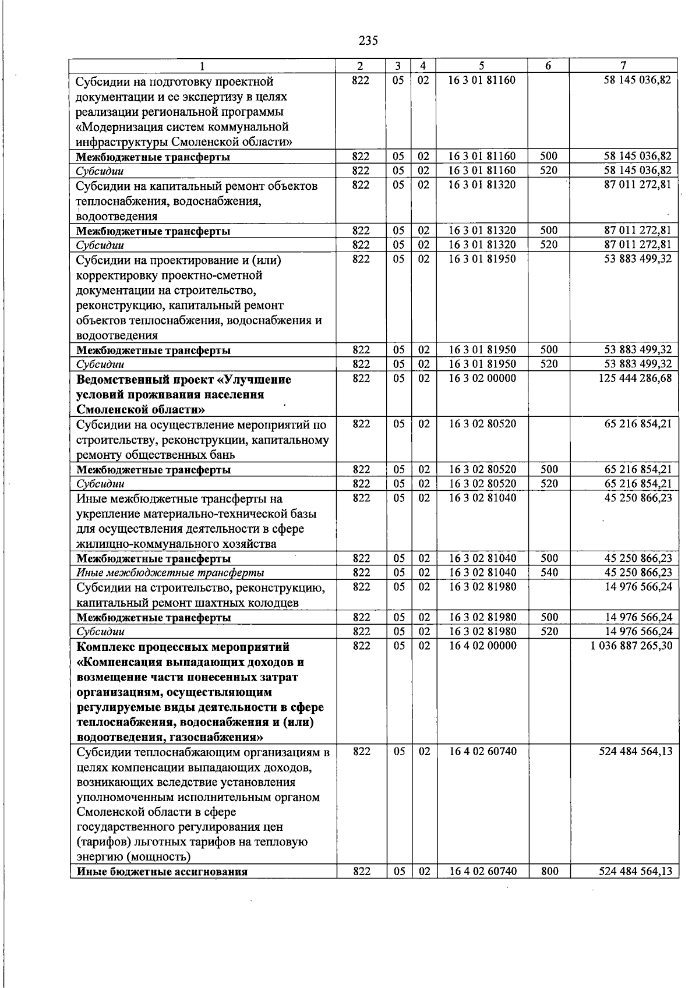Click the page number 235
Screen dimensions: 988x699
[x=368, y=41]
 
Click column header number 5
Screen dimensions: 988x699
[x=482, y=66]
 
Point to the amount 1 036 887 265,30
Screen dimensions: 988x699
[x=631, y=646]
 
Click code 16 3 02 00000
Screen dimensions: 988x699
[x=482, y=378]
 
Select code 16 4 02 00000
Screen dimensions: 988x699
[x=482, y=646]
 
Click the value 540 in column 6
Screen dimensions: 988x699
[x=549, y=573]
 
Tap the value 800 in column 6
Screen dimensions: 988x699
[x=549, y=872]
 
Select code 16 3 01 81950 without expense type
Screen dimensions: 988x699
[x=482, y=259]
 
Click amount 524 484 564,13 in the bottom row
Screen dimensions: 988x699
[x=635, y=872]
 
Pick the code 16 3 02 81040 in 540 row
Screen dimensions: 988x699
[x=482, y=573]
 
